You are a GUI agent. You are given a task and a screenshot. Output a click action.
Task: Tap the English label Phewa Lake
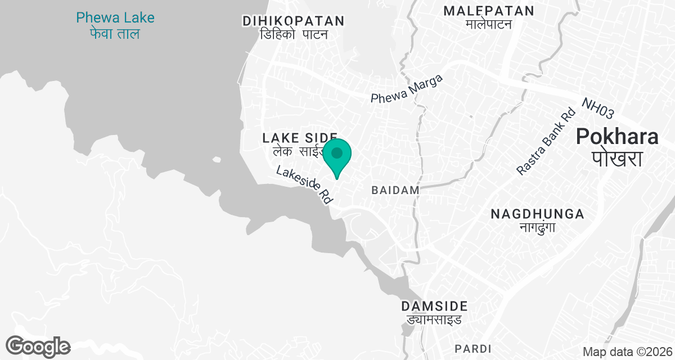coord(115,18)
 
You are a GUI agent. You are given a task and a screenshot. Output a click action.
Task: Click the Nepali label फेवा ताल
coord(115,34)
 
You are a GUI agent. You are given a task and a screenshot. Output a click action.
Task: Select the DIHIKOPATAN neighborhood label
coord(293,21)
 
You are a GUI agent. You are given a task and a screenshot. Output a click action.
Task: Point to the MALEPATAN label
coord(488,11)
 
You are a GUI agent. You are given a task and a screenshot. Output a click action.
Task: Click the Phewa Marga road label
coord(407,89)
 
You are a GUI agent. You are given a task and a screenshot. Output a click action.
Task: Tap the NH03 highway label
coord(597,109)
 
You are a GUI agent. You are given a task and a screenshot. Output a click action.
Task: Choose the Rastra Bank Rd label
coord(547,142)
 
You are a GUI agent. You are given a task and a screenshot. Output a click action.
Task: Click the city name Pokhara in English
coord(616,137)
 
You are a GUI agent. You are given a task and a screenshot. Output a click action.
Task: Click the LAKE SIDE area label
coord(300,137)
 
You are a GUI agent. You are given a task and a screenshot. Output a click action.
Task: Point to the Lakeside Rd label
coord(305,184)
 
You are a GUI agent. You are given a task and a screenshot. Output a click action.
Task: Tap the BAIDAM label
coord(395,191)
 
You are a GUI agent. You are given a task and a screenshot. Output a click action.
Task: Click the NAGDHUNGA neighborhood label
coord(537,214)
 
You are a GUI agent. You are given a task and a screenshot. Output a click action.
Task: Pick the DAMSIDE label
coord(434,307)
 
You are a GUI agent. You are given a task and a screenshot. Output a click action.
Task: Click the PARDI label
coord(473,348)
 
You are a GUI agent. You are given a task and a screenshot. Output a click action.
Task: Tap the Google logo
coord(38,346)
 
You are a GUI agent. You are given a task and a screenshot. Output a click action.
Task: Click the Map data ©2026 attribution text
coord(627,352)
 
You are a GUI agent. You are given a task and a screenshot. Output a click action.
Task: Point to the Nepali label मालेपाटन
coord(488,24)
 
